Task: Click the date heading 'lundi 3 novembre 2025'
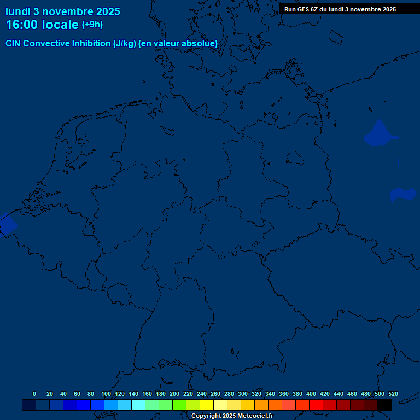[63, 11]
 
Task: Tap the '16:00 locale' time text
[43, 25]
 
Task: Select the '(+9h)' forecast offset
[92, 25]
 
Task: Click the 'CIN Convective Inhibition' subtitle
[112, 43]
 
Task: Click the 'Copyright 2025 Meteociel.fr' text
[232, 416]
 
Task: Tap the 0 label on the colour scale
[34, 394]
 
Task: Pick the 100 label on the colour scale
[106, 394]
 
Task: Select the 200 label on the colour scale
[174, 394]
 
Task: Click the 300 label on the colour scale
[243, 394]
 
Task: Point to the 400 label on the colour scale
[311, 394]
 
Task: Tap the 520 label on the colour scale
[393, 394]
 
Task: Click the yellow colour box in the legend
[207, 405]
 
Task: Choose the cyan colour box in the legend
[138, 405]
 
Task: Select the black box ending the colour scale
[384, 405]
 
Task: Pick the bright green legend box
[179, 405]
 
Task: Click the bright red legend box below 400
[316, 405]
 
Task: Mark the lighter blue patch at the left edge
[7, 225]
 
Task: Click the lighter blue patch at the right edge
[404, 194]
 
